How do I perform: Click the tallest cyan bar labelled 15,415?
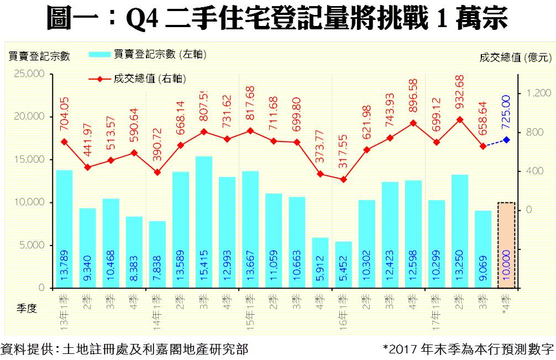click(x=204, y=221)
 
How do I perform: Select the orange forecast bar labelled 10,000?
click(x=506, y=245)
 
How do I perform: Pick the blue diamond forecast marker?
click(x=506, y=140)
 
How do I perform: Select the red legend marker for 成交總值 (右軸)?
click(x=100, y=79)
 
